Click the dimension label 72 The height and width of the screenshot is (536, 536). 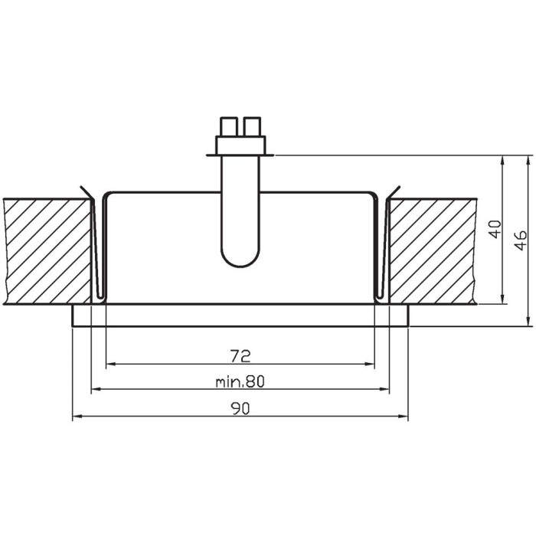(x=240, y=356)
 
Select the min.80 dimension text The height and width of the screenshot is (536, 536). (x=240, y=382)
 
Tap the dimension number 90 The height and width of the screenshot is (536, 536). (x=240, y=408)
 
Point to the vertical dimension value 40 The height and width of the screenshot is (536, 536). (x=495, y=229)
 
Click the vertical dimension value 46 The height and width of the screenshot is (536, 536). (x=520, y=240)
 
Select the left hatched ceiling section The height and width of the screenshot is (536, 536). (x=47, y=251)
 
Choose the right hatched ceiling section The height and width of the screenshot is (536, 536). (x=433, y=251)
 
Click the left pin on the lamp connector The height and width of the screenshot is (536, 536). (x=229, y=126)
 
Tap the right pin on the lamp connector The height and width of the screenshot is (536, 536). (x=252, y=126)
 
